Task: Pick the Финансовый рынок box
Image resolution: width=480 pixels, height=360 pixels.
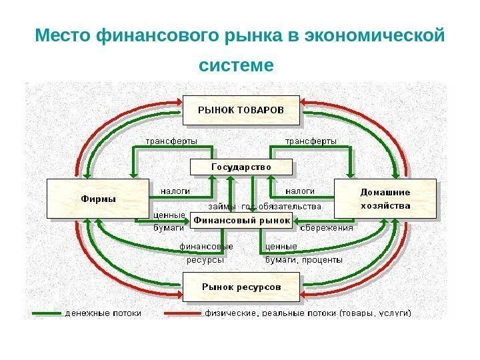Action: click(x=241, y=220)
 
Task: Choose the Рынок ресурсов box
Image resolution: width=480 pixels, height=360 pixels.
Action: click(x=241, y=287)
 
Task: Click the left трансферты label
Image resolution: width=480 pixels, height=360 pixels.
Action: click(x=172, y=141)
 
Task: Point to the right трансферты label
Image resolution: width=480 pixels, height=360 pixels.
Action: click(x=311, y=141)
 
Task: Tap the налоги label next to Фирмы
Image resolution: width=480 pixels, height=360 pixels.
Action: click(x=175, y=191)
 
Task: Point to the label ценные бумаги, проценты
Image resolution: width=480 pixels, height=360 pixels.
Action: click(x=303, y=253)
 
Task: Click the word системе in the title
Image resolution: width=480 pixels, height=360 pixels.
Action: click(x=237, y=66)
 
